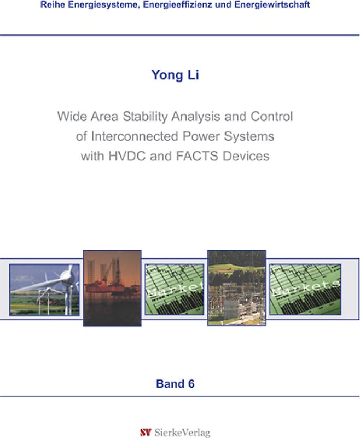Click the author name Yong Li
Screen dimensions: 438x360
point(175,76)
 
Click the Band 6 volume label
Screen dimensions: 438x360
point(175,384)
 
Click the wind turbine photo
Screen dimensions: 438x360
point(44,290)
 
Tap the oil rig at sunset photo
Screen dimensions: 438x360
point(112,288)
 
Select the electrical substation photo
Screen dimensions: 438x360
point(236,288)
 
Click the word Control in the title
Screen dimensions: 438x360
point(272,117)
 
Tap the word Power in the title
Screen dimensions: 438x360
point(205,136)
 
